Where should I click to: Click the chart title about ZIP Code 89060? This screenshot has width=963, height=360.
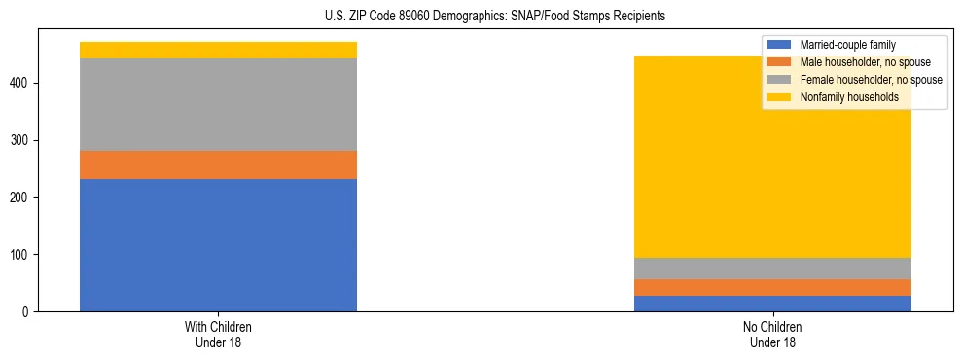(495, 17)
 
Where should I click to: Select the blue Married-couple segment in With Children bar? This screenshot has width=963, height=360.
(218, 245)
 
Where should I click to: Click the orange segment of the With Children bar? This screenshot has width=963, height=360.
(218, 165)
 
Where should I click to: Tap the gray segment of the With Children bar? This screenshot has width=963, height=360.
(218, 105)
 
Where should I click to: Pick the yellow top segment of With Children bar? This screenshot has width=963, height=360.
(218, 51)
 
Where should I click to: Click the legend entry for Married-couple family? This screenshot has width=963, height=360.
(847, 45)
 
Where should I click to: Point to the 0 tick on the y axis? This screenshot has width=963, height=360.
(27, 312)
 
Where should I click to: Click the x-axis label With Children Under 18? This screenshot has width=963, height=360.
(218, 335)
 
